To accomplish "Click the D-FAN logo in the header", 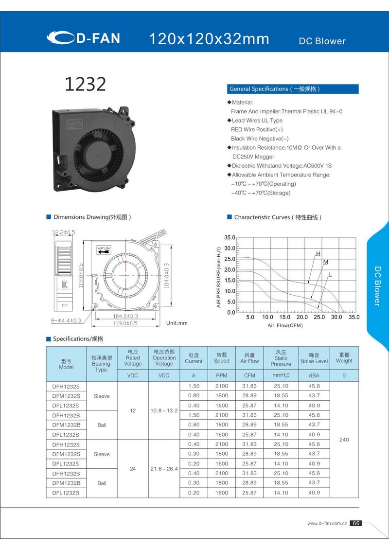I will (83, 38).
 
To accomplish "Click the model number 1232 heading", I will (85, 84).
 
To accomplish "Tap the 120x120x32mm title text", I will (209, 39).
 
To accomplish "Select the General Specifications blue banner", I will (293, 89).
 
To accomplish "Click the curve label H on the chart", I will (318, 254).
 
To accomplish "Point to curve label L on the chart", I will (330, 275).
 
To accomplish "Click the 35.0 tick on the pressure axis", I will (230, 238).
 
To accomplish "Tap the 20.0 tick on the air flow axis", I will (302, 317).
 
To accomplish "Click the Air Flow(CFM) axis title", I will (285, 325).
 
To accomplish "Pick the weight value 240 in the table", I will (344, 440).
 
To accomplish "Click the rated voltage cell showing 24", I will (133, 469).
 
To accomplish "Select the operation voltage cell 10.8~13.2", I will (164, 410).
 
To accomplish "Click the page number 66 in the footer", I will (356, 523).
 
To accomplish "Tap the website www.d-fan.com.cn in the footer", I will (327, 524).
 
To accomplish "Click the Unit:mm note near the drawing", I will (177, 323).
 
